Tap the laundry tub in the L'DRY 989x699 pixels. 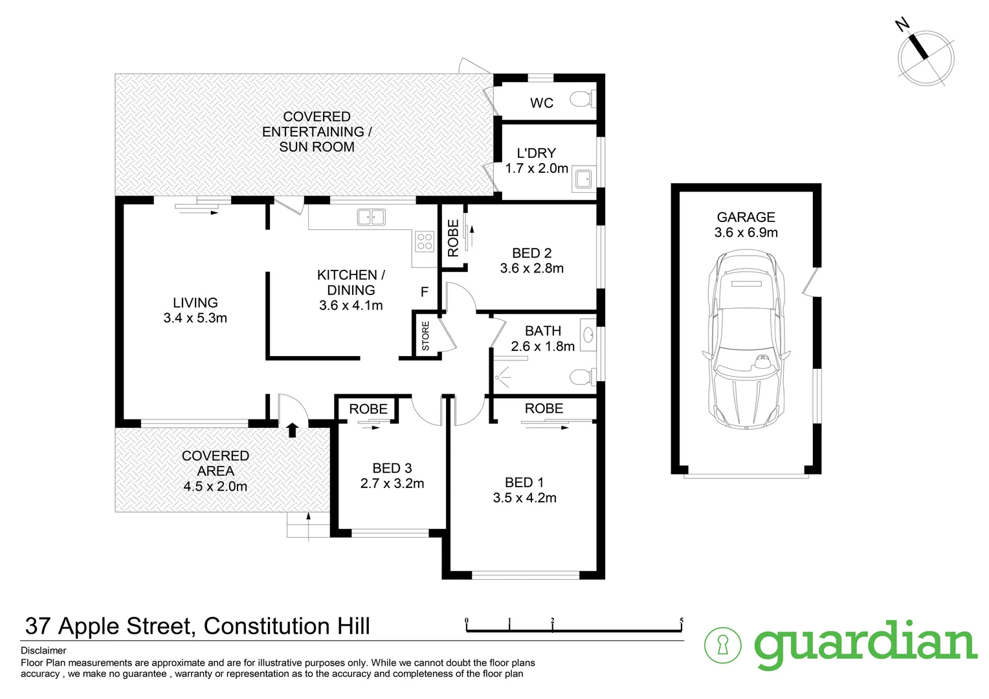pos(583,180)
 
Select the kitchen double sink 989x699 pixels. pos(371,217)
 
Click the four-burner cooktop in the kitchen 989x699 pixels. pos(425,242)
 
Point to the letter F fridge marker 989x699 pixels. pos(425,292)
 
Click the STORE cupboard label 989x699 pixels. pos(425,336)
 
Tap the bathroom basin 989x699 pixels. pos(588,335)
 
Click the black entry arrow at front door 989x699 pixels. pos(292,429)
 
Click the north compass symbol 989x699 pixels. pos(925,57)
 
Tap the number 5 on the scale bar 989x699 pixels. pos(681,621)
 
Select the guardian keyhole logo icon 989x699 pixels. pos(723,645)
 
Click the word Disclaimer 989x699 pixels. pos(43,650)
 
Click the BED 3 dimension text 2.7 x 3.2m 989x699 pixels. pos(392,483)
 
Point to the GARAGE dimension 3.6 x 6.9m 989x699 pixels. pos(746,232)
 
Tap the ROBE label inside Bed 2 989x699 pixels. pos(453,238)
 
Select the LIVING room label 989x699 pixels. pos(195,302)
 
